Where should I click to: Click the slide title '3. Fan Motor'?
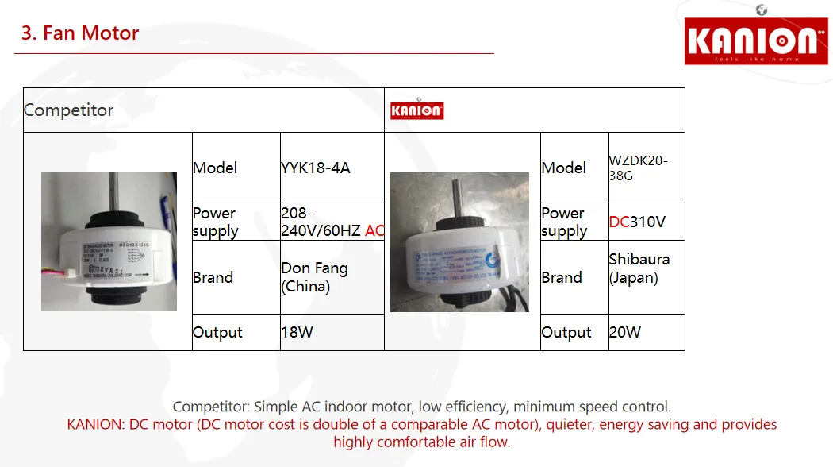tap(80, 33)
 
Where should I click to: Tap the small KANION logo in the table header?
tap(416, 110)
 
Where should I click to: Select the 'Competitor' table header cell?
tap(69, 110)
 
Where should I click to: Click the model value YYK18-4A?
tap(316, 168)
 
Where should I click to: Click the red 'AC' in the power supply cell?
tap(374, 230)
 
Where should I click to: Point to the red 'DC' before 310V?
tap(619, 222)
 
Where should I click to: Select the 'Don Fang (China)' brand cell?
tap(315, 277)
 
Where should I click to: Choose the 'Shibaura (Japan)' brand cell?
tap(639, 268)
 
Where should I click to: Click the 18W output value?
tap(297, 332)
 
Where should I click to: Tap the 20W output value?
tap(625, 332)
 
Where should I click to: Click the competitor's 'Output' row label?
tap(217, 332)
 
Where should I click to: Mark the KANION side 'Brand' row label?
tap(562, 277)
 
